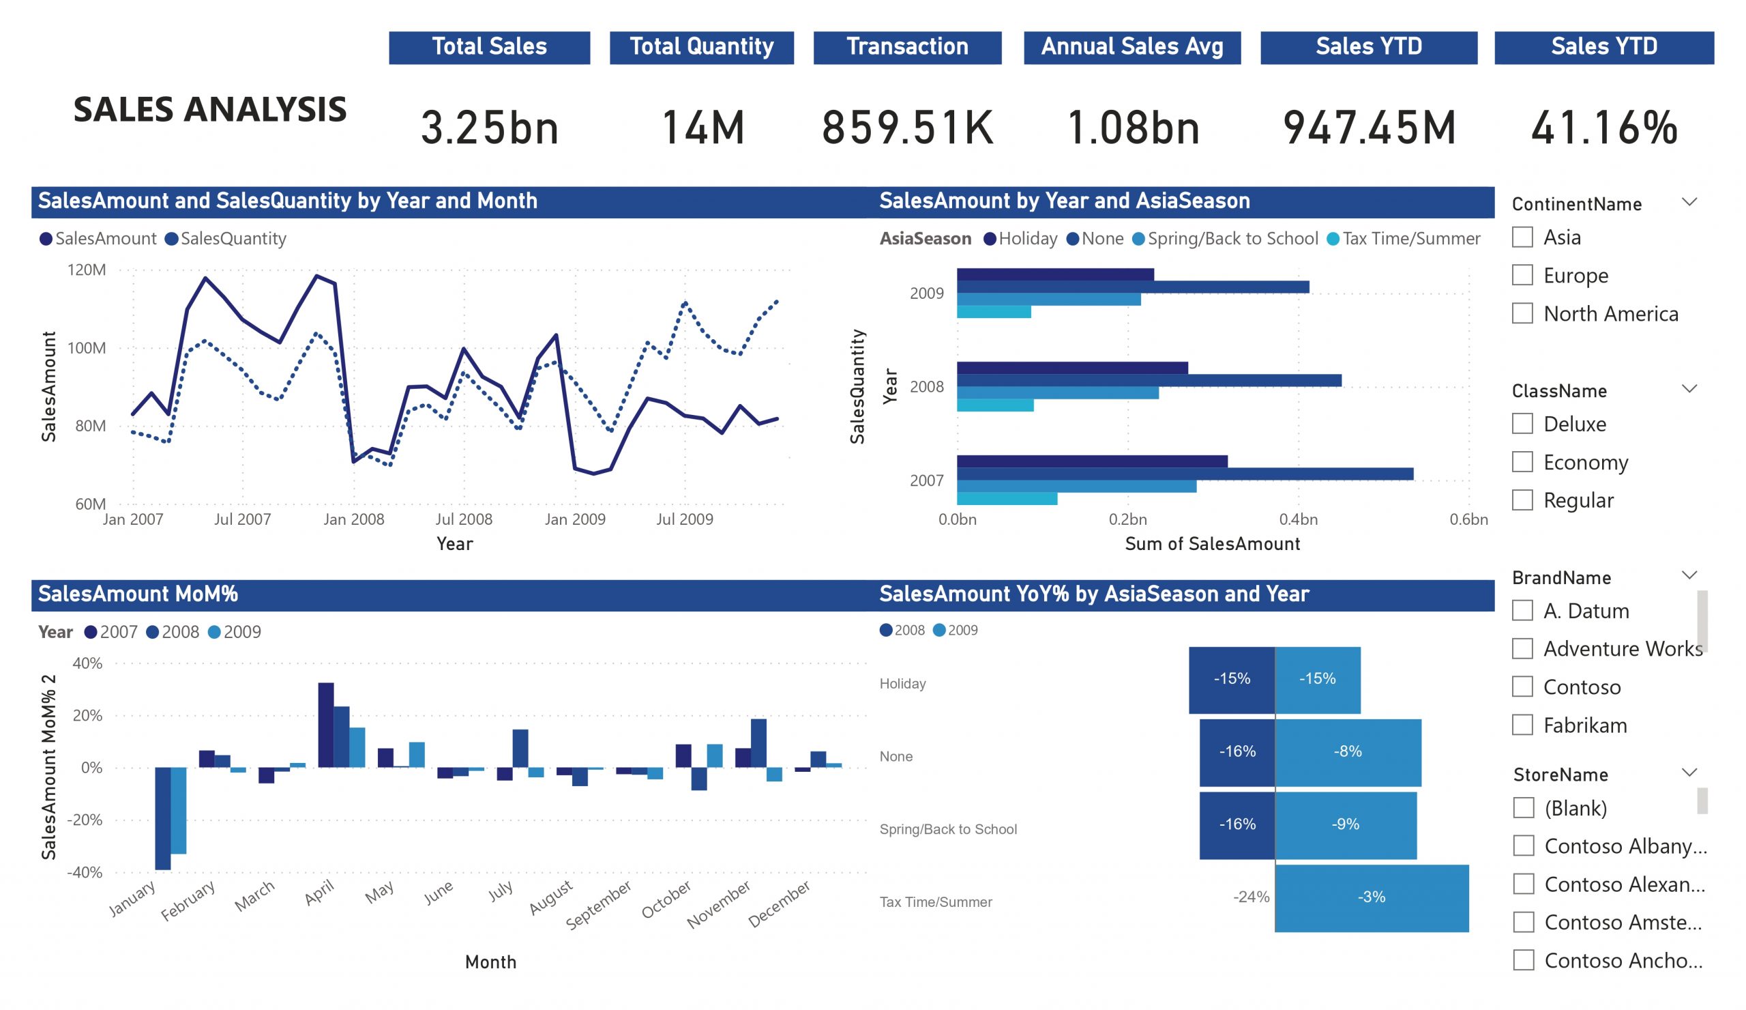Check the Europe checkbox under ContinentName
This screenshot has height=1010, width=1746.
click(x=1522, y=275)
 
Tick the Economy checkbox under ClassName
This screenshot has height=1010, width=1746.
click(x=1522, y=462)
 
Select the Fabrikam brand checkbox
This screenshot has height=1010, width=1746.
click(x=1522, y=725)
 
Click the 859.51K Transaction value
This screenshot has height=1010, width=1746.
click(x=907, y=128)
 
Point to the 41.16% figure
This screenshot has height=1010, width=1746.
click(x=1604, y=128)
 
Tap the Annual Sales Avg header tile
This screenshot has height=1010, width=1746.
click(x=1131, y=47)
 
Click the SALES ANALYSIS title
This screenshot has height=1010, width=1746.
click(x=210, y=109)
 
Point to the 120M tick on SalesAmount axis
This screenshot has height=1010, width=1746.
click(x=87, y=270)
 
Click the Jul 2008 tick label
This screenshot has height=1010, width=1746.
click(x=464, y=519)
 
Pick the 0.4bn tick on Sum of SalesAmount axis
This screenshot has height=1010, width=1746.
click(x=1298, y=519)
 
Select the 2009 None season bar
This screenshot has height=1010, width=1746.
click(x=1133, y=287)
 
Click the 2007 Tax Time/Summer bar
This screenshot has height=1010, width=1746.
click(x=1007, y=498)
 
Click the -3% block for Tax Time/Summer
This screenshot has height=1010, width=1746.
click(x=1371, y=897)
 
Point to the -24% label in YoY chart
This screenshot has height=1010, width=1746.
click(x=1251, y=897)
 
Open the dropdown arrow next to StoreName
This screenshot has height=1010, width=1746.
click(x=1689, y=773)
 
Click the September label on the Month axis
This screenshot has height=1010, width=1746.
click(x=599, y=905)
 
